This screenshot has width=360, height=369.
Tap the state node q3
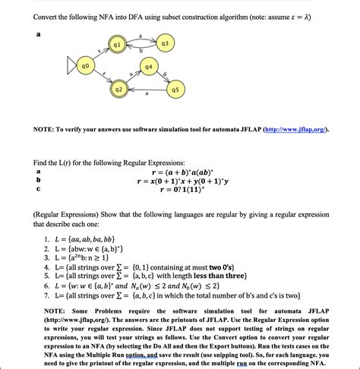tap(165, 44)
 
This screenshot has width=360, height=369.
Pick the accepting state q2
tap(118, 90)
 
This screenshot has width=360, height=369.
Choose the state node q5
tap(175, 90)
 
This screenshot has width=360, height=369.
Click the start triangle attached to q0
tap(72, 67)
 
